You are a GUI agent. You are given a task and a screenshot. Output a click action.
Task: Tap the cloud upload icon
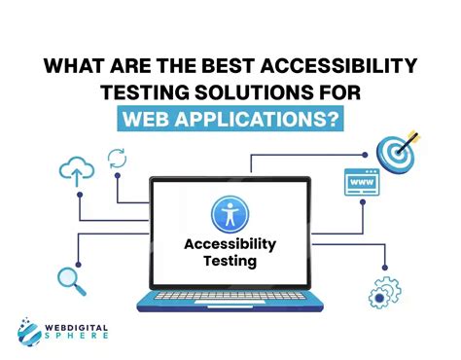click(x=78, y=172)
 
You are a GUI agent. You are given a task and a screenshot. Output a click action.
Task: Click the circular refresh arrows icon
click(x=117, y=157)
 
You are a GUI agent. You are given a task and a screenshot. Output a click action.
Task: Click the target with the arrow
click(x=400, y=150)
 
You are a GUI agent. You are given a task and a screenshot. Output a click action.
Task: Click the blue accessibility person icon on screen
click(x=230, y=214)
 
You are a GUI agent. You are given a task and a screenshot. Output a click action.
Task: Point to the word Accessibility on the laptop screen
click(x=230, y=243)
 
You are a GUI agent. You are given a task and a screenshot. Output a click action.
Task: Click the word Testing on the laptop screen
click(x=230, y=260)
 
